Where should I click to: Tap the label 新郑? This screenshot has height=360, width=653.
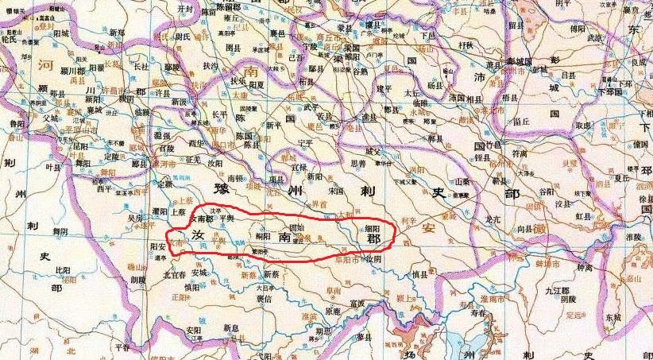(x=117, y=33)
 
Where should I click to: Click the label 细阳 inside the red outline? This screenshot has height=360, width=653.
(x=372, y=226)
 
